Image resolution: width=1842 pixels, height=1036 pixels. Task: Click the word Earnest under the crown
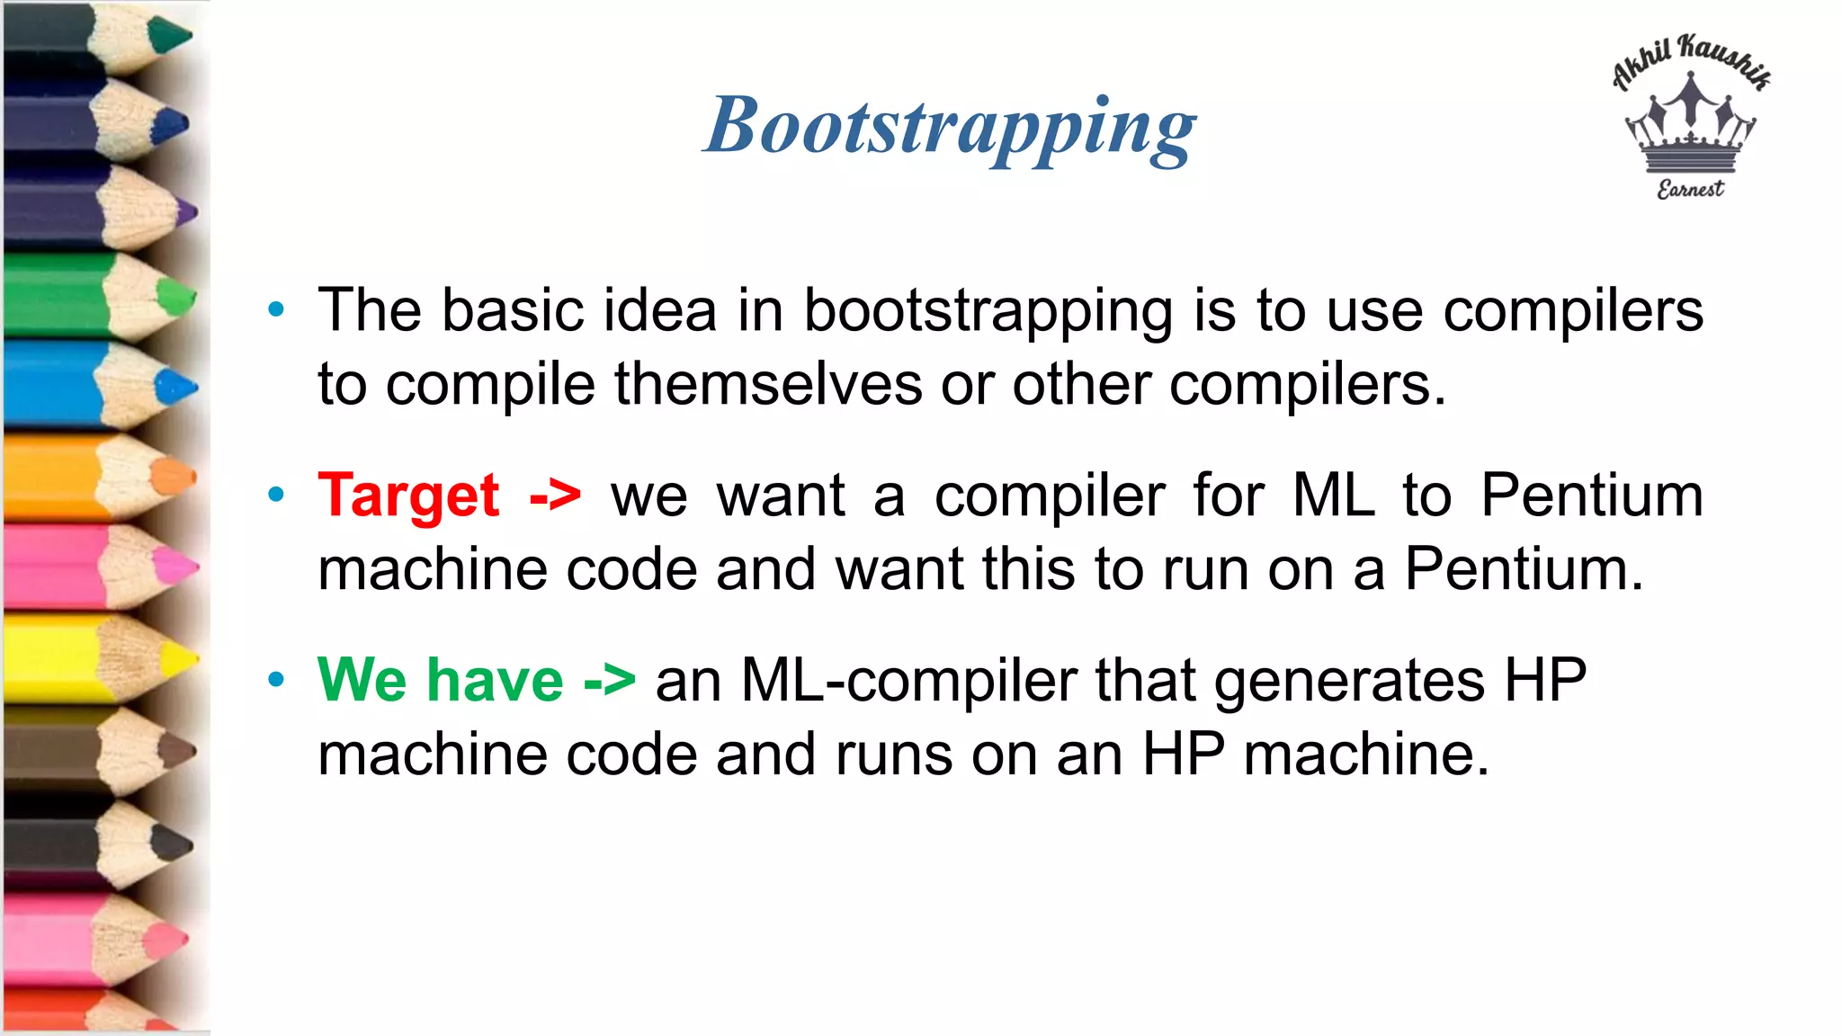1690,189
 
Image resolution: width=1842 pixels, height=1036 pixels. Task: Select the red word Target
408,496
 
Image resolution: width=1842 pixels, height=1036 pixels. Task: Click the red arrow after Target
555,496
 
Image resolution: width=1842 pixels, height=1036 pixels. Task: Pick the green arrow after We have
609,681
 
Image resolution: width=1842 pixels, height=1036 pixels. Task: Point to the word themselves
768,385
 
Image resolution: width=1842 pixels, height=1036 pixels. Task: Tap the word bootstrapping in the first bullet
988,311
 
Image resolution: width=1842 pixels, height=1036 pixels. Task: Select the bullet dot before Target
276,495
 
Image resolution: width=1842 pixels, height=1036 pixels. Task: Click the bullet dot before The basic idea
276,310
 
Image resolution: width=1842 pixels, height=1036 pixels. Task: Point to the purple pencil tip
186,214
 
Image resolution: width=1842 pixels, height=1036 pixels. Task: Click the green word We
362,681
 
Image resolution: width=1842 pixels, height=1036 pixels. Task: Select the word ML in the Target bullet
1334,496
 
